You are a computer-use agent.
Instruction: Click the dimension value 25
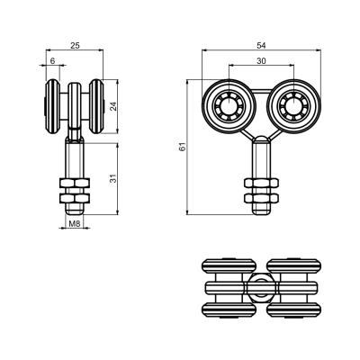[x=75, y=46]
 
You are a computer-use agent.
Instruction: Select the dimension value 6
[x=52, y=61]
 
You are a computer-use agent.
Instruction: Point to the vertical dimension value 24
[x=113, y=106]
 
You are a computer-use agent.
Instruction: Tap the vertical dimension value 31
[x=113, y=178]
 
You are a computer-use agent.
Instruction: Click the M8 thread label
[x=74, y=223]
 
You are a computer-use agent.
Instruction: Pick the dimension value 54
[x=261, y=46]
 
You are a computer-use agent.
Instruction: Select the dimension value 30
[x=261, y=61]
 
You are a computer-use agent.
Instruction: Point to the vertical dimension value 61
[x=183, y=147]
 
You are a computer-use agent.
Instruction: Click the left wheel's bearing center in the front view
[x=229, y=106]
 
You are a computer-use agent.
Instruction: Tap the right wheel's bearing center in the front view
[x=293, y=106]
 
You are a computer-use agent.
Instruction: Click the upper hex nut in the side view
[x=75, y=183]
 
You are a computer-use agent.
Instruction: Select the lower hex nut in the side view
[x=75, y=198]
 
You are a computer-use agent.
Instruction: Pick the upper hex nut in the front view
[x=261, y=183]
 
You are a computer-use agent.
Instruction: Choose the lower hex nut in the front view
[x=261, y=198]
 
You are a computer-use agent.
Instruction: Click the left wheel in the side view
[x=53, y=106]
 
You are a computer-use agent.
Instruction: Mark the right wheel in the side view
[x=96, y=106]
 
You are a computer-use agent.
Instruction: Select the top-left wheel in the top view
[x=229, y=265]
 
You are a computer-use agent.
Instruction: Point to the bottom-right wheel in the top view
[x=293, y=310]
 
